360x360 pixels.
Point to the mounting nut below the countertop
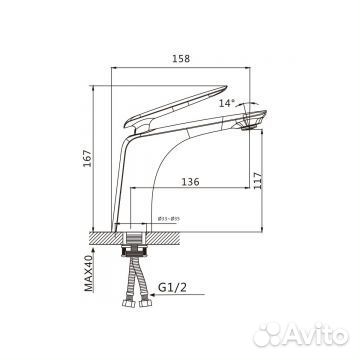133,243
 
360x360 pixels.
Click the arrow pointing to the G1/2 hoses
150,290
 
